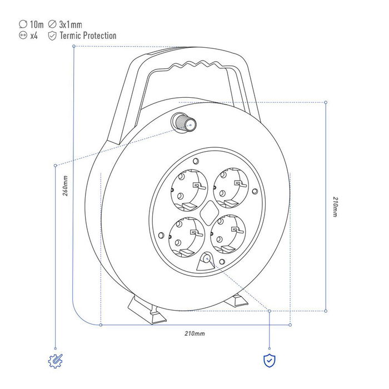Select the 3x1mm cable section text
tap(71, 24)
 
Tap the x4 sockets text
tap(34, 36)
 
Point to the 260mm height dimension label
tap(66, 187)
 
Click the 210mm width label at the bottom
tap(194, 333)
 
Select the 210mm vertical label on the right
tap(334, 206)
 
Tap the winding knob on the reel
tap(183, 122)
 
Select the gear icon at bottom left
tap(56, 361)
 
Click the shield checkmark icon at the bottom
tap(270, 360)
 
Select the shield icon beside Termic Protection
tap(52, 36)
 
